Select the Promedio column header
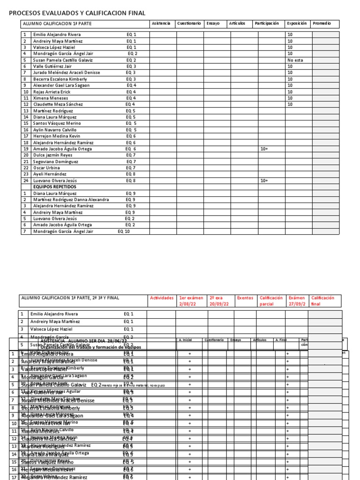(322, 23)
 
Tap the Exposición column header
(297, 23)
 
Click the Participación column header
(266, 23)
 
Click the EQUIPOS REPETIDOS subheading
(54, 187)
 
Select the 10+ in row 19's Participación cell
(264, 149)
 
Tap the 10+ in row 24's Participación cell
(264, 180)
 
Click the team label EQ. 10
(124, 231)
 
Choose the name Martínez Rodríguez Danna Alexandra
(71, 199)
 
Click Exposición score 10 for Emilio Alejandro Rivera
(290, 35)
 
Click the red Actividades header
(161, 298)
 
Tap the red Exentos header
(245, 298)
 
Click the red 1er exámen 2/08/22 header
(191, 300)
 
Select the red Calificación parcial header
(271, 300)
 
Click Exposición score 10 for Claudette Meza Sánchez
(290, 104)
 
